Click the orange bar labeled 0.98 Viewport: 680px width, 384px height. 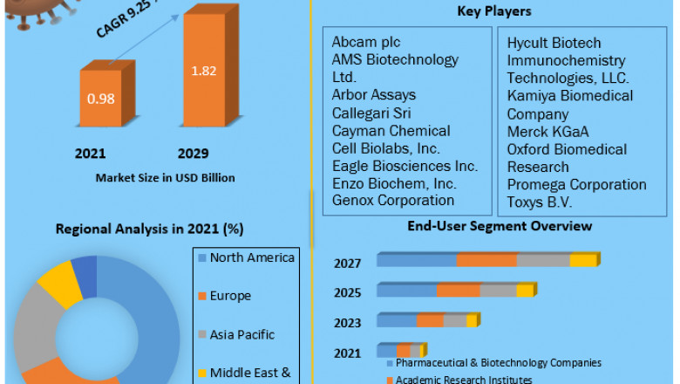pyautogui.click(x=100, y=98)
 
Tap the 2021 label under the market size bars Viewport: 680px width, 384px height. pyautogui.click(x=90, y=154)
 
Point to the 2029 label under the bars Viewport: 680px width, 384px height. pyautogui.click(x=193, y=154)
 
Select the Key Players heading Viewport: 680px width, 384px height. pyautogui.click(x=494, y=11)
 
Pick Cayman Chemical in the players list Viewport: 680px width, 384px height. pyautogui.click(x=391, y=130)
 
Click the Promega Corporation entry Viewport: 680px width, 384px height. pyautogui.click(x=576, y=184)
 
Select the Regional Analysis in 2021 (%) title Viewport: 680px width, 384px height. pyautogui.click(x=149, y=229)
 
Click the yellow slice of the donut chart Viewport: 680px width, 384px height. pyautogui.click(x=59, y=281)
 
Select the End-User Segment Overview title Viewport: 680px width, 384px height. pyautogui.click(x=500, y=226)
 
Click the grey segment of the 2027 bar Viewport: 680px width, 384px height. pyautogui.click(x=543, y=260)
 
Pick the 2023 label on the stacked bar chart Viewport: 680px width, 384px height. pyautogui.click(x=347, y=323)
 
